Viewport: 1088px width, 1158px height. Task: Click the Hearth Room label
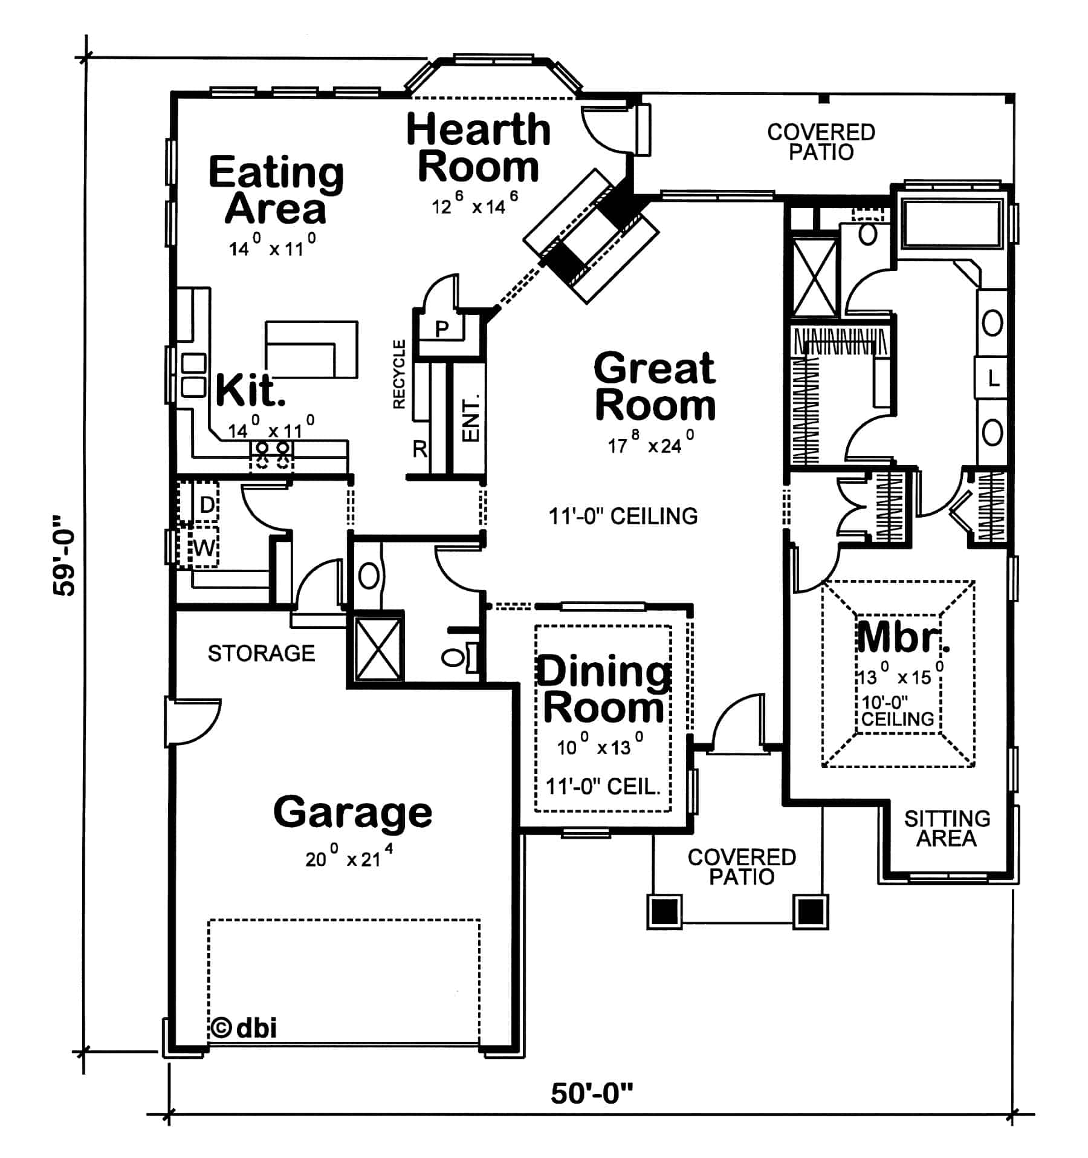pyautogui.click(x=478, y=148)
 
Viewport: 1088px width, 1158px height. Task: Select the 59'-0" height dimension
pyautogui.click(x=64, y=555)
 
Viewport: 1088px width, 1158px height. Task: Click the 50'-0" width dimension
pyautogui.click(x=592, y=1094)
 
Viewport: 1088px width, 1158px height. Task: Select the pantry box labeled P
pyautogui.click(x=442, y=329)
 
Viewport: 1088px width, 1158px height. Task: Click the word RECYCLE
pyautogui.click(x=400, y=374)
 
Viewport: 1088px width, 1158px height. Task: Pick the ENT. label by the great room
pyautogui.click(x=470, y=418)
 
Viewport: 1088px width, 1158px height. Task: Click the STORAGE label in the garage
pyautogui.click(x=261, y=653)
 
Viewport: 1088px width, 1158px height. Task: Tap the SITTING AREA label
pyautogui.click(x=947, y=828)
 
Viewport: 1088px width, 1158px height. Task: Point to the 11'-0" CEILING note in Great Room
pyautogui.click(x=623, y=516)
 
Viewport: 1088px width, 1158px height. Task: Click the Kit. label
pyautogui.click(x=250, y=391)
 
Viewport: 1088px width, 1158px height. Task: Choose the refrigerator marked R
pyautogui.click(x=419, y=449)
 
